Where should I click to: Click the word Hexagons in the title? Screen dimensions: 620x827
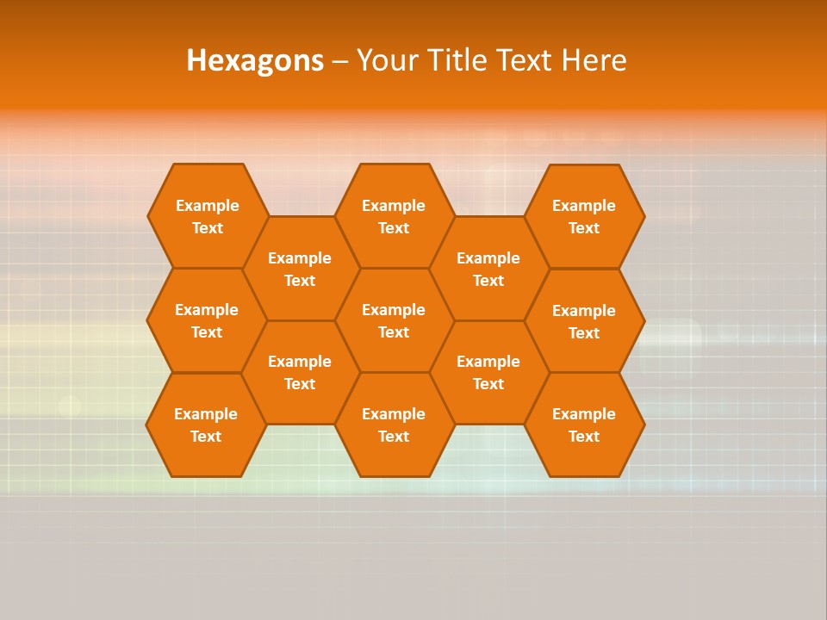pyautogui.click(x=255, y=61)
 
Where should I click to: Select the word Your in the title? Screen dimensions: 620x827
pyautogui.click(x=385, y=61)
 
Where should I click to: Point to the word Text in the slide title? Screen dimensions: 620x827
pyautogui.click(x=527, y=61)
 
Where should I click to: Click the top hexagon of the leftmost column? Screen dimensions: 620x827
pyautogui.click(x=208, y=216)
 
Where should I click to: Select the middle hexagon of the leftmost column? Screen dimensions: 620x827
pyautogui.click(x=207, y=320)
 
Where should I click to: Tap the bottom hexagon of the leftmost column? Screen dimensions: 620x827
pyautogui.click(x=206, y=425)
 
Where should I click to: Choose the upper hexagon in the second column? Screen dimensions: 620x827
pyautogui.click(x=300, y=269)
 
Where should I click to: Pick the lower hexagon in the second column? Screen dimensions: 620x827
pyautogui.click(x=300, y=372)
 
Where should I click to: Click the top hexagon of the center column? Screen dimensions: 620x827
pyautogui.click(x=394, y=216)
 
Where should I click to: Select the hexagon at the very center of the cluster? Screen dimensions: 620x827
pyautogui.click(x=394, y=320)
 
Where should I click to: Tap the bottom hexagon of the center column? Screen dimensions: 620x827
pyautogui.click(x=394, y=425)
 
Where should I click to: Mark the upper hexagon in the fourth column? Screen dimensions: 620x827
pyautogui.click(x=488, y=269)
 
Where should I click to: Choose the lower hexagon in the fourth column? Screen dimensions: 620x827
pyautogui.click(x=488, y=372)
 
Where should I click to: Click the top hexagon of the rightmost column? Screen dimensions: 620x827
pyautogui.click(x=584, y=216)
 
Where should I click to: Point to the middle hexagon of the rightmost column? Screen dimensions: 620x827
pyautogui.click(x=584, y=321)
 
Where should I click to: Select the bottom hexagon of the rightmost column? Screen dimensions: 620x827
pyautogui.click(x=584, y=425)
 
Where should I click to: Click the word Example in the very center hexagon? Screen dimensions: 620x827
pyautogui.click(x=394, y=310)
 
